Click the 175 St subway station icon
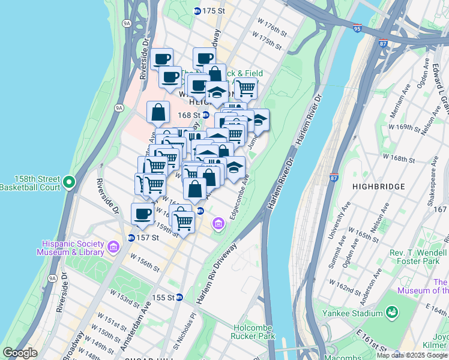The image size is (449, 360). click(x=197, y=11)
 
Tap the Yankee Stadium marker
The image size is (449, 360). click(x=392, y=313)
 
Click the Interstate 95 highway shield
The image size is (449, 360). click(x=358, y=28)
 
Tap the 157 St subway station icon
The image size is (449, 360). click(x=131, y=238)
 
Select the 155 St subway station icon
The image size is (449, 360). click(x=179, y=297)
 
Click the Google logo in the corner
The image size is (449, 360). click(x=20, y=353)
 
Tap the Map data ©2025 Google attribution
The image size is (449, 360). click(x=412, y=355)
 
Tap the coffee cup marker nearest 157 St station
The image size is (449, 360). click(x=143, y=213)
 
